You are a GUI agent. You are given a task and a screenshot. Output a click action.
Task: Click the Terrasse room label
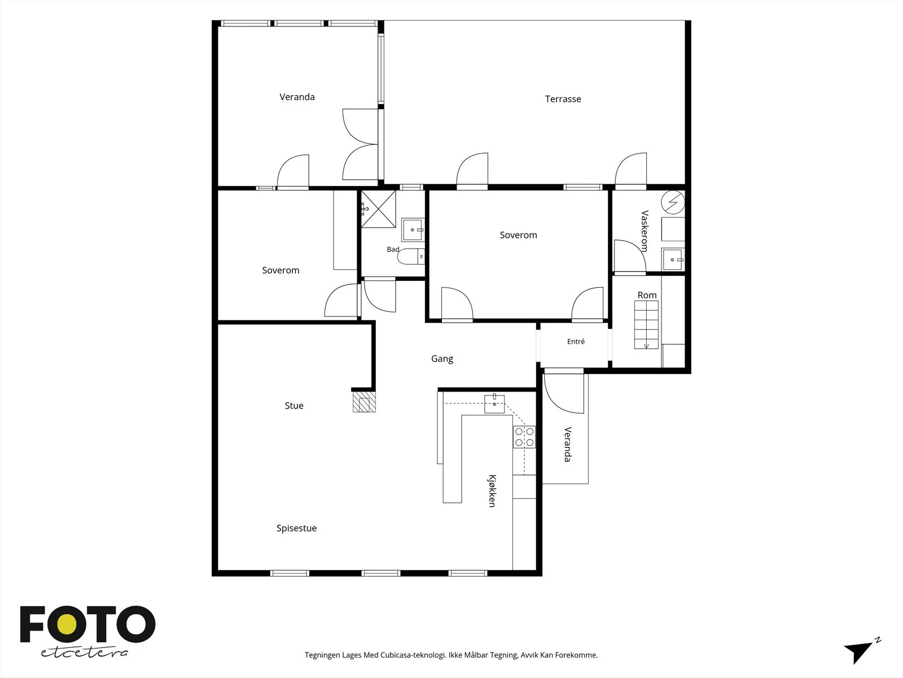563,99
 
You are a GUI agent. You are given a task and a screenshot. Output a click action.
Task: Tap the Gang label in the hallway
442,359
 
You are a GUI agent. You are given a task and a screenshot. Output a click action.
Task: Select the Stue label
293,406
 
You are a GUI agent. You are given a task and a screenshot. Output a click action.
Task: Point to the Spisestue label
296,528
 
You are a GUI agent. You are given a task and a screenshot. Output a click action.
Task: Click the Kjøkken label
492,490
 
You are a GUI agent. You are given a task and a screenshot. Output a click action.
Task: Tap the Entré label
576,341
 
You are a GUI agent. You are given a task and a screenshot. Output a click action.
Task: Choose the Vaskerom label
645,231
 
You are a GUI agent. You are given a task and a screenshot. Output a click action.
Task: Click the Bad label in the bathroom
393,249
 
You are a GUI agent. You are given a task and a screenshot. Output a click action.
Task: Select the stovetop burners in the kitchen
524,437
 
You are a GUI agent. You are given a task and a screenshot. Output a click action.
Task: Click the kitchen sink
494,404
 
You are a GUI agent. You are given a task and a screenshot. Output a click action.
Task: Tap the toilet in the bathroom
410,257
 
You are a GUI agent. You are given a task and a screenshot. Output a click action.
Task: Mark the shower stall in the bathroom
378,208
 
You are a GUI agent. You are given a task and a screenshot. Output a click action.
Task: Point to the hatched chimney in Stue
364,401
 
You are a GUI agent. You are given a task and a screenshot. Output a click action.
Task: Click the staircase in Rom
646,325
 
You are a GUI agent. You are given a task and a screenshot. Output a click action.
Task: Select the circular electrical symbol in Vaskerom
673,202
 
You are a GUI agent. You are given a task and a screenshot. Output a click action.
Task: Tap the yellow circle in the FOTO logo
67,625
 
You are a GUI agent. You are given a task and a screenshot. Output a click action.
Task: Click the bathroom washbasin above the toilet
413,229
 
